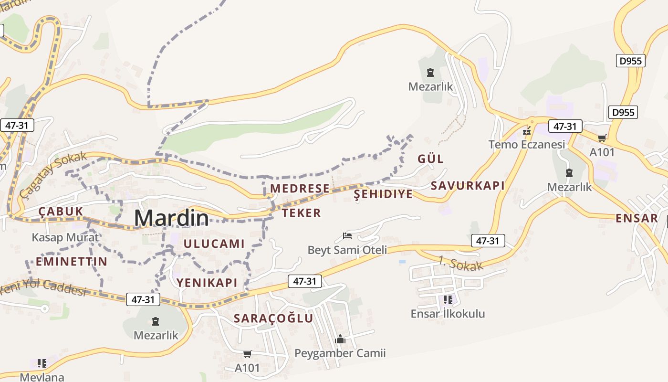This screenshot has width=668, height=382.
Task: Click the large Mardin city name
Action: click(171, 218)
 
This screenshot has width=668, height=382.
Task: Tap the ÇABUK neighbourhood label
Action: click(61, 212)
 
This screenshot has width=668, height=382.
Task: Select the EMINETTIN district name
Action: click(72, 262)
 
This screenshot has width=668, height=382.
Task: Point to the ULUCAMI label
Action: click(214, 244)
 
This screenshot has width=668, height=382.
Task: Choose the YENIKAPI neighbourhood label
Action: click(207, 283)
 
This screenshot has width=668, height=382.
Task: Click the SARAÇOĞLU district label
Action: click(273, 318)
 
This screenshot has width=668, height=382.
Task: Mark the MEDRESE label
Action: click(300, 189)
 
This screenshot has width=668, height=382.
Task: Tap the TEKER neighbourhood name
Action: click(301, 213)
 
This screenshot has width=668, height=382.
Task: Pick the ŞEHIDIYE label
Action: click(383, 194)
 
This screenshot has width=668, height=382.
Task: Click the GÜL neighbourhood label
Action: click(430, 159)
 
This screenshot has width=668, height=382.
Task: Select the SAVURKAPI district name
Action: click(468, 186)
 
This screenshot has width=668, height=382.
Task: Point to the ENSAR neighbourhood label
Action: click(637, 218)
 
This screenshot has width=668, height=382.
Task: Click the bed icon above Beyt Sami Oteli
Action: click(347, 236)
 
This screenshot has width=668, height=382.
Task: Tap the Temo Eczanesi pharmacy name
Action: click(527, 144)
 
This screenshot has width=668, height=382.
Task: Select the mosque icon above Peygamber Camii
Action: click(340, 339)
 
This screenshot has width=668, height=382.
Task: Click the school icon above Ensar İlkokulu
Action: click(448, 300)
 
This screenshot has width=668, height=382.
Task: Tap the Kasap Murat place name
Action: click(65, 237)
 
